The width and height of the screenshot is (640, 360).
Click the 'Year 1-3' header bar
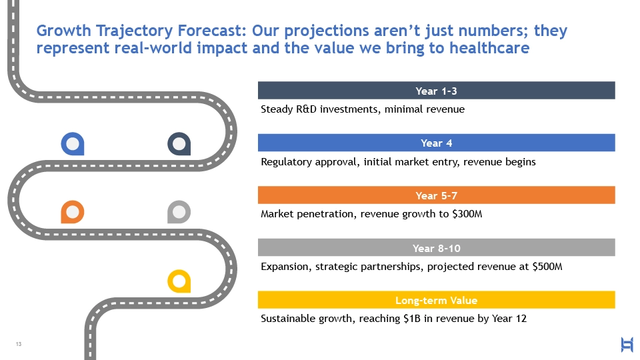point(436,90)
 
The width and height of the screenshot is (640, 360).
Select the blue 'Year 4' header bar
point(436,143)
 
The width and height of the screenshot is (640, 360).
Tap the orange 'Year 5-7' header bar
point(436,195)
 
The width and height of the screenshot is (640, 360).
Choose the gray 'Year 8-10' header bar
point(436,247)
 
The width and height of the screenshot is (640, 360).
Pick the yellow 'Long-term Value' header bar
point(436,299)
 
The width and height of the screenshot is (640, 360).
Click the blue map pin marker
point(73,144)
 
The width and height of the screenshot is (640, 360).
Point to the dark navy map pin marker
point(179,144)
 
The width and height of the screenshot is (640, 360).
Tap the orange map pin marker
point(73,212)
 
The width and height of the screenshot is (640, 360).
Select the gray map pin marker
point(179,212)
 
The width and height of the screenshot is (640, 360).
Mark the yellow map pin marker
point(179,281)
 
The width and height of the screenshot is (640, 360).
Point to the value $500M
point(547,267)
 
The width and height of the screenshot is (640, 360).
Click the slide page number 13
point(19,344)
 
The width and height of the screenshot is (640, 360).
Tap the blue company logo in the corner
point(627,345)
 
